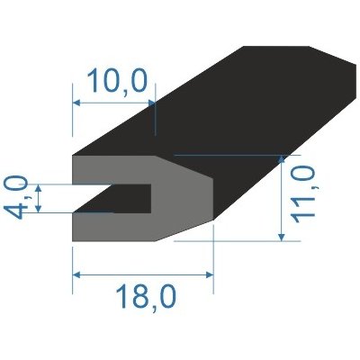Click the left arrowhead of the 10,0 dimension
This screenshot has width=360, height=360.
(76, 103)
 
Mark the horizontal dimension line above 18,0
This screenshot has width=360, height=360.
(144, 274)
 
